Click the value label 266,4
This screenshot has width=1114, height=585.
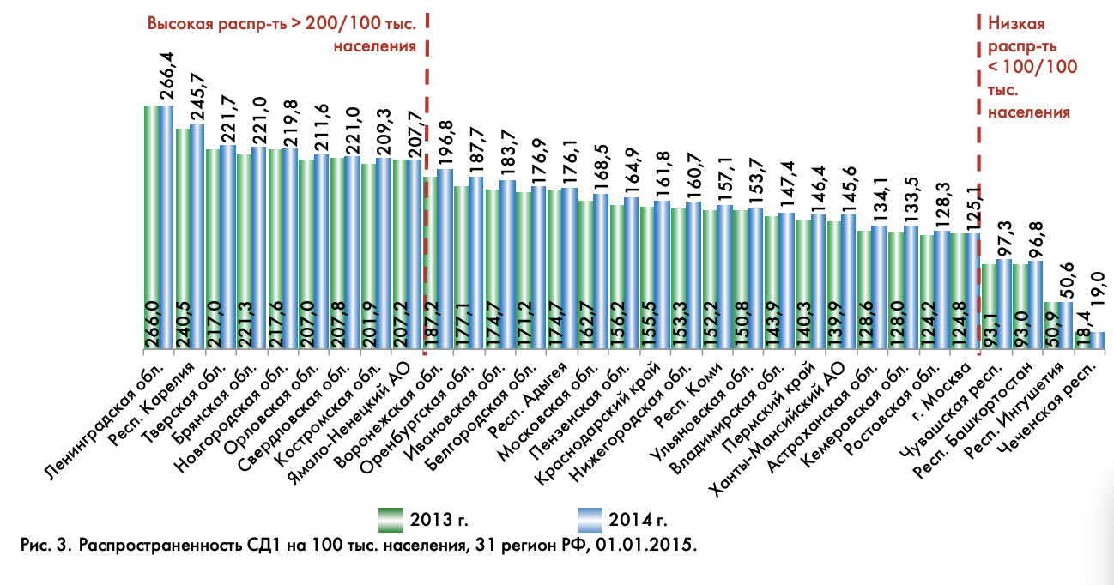click(166, 78)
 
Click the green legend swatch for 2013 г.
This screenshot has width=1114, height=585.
click(391, 519)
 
